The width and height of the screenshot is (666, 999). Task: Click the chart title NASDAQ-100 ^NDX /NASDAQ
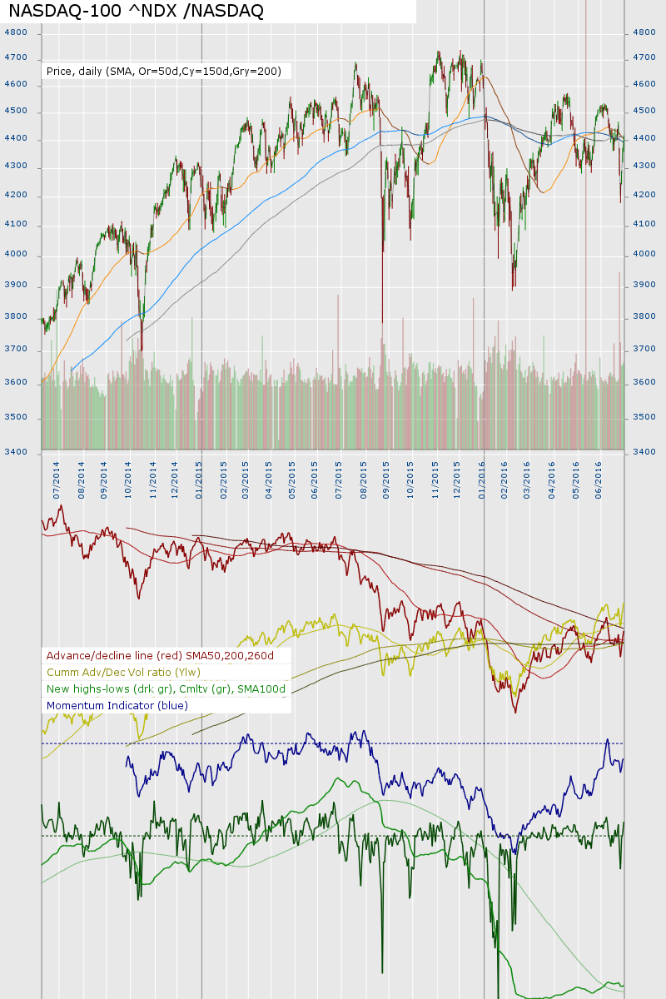point(136,11)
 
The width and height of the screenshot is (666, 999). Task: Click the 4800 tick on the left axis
point(16,32)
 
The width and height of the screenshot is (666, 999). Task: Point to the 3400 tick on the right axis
point(645,452)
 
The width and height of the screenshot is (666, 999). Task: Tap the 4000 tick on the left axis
point(16,255)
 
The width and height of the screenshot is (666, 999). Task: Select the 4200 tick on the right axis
point(645,196)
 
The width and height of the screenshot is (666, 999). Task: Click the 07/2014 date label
point(57,475)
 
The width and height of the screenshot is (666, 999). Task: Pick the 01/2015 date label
point(200,475)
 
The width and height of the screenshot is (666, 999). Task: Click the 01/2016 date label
point(483,475)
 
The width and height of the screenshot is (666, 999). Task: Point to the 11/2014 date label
point(153,475)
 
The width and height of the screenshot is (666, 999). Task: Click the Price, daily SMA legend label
point(164,72)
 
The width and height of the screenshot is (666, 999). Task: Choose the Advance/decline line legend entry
point(160,655)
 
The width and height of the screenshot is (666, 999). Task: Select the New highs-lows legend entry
point(166,688)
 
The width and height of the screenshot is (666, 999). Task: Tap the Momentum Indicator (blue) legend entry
point(117,705)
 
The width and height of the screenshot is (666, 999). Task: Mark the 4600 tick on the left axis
point(16,84)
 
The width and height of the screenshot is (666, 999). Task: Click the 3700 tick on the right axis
point(645,350)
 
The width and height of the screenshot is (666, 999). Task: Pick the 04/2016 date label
point(553,475)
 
